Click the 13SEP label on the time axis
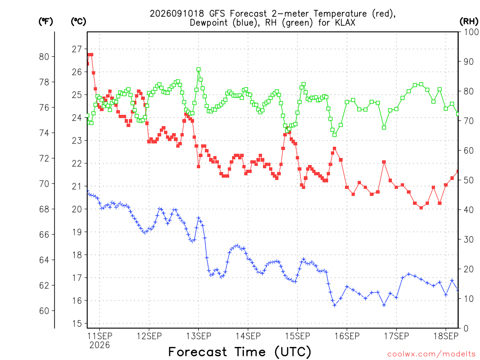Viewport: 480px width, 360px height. pyautogui.click(x=198, y=336)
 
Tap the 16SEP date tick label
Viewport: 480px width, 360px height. pyautogui.click(x=347, y=336)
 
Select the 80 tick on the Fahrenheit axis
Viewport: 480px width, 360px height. pyautogui.click(x=44, y=57)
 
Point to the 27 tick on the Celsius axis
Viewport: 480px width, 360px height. pyautogui.click(x=77, y=49)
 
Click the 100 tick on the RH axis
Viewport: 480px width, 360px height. pyautogui.click(x=471, y=32)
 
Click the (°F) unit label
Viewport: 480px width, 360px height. pyautogui.click(x=45, y=22)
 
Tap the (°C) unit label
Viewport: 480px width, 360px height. pyautogui.click(x=78, y=22)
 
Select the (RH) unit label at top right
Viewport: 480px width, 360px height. pyautogui.click(x=469, y=21)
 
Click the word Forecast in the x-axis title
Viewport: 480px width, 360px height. pyautogui.click(x=198, y=352)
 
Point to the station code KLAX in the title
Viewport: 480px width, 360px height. pyautogui.click(x=345, y=22)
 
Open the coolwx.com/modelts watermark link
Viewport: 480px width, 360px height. pyautogui.click(x=431, y=354)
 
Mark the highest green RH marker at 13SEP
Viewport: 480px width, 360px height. pyautogui.click(x=198, y=70)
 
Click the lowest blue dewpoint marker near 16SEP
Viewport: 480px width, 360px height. pyautogui.click(x=335, y=305)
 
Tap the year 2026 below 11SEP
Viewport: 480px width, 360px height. pyautogui.click(x=99, y=345)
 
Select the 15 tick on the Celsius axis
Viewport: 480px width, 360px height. pyautogui.click(x=77, y=323)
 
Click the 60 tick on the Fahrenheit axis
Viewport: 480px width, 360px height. pyautogui.click(x=44, y=311)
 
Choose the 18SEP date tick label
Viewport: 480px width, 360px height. pyautogui.click(x=446, y=336)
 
